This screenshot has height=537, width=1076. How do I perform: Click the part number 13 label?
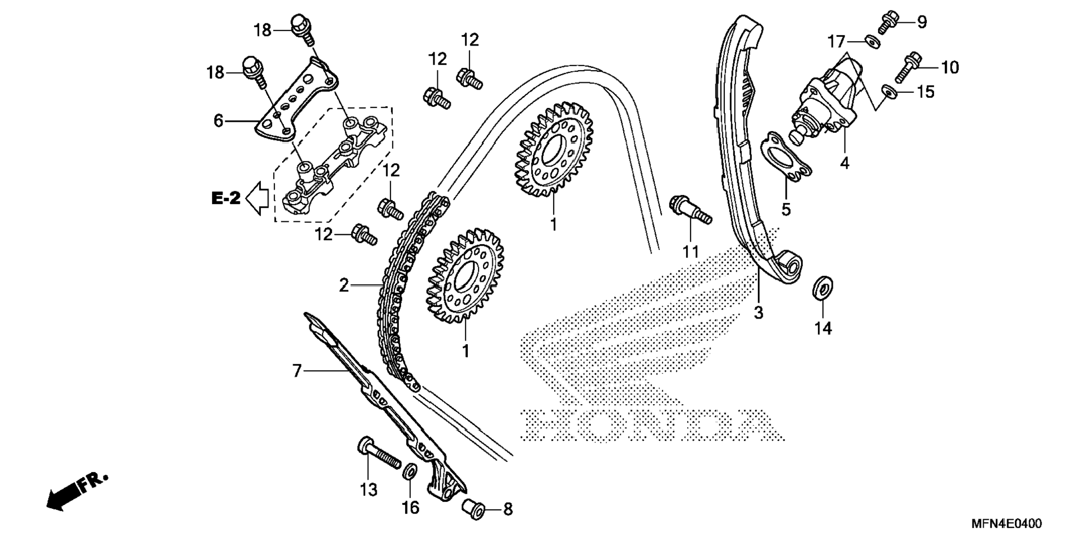pyautogui.click(x=369, y=490)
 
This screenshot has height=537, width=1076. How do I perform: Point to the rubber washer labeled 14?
pyautogui.click(x=823, y=286)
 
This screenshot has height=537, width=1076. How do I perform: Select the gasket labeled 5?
pyautogui.click(x=785, y=157)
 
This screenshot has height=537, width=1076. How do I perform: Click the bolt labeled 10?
pyautogui.click(x=906, y=67)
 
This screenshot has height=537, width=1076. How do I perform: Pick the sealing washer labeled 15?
pyautogui.click(x=889, y=91)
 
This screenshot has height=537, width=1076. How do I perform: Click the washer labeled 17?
pyautogui.click(x=872, y=41)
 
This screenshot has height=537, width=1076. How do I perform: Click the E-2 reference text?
pyautogui.click(x=226, y=198)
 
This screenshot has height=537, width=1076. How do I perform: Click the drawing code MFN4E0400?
pyautogui.click(x=1006, y=524)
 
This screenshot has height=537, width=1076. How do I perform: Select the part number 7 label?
pyautogui.click(x=297, y=371)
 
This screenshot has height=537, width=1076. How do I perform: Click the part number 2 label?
pyautogui.click(x=344, y=286)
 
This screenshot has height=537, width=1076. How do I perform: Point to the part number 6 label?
pyautogui.click(x=218, y=120)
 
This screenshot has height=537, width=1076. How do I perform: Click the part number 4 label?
pyautogui.click(x=845, y=163)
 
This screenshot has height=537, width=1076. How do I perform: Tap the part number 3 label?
pyautogui.click(x=758, y=313)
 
